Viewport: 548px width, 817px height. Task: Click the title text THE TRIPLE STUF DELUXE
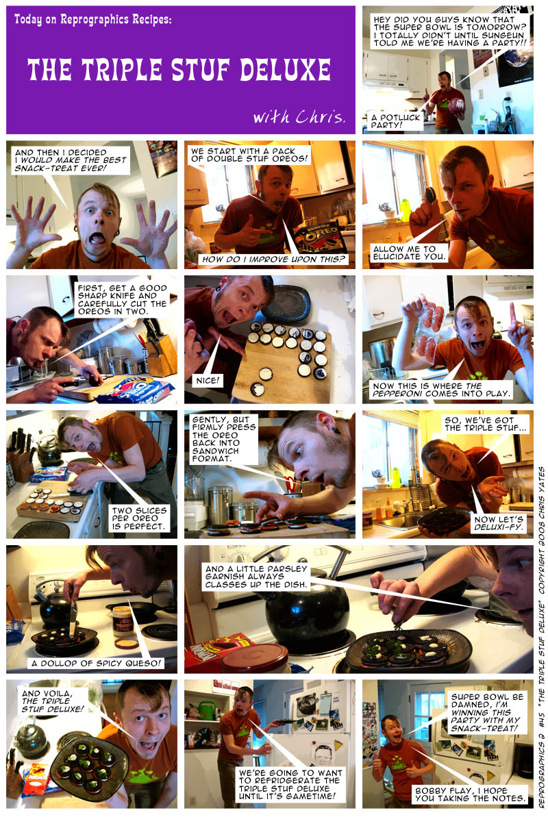[x=179, y=70]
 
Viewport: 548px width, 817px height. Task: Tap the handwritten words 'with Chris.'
[x=299, y=116]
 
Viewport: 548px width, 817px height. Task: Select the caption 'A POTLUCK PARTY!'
[x=395, y=121]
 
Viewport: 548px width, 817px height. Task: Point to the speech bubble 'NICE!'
[x=208, y=380]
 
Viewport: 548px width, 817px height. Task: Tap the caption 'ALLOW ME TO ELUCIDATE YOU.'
[x=410, y=253]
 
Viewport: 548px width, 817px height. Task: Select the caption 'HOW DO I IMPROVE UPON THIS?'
[x=274, y=259]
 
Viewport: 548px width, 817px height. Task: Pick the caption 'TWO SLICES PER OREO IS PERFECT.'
[x=139, y=518]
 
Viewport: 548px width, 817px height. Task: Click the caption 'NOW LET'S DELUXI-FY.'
[x=499, y=523]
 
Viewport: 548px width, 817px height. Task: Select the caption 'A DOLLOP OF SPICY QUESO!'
[x=97, y=663]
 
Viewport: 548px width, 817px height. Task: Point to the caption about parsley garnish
[x=256, y=577]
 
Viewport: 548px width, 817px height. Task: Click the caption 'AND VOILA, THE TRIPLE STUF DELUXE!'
[x=52, y=701]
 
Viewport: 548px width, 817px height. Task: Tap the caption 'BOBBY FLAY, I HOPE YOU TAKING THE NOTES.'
[x=470, y=794]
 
